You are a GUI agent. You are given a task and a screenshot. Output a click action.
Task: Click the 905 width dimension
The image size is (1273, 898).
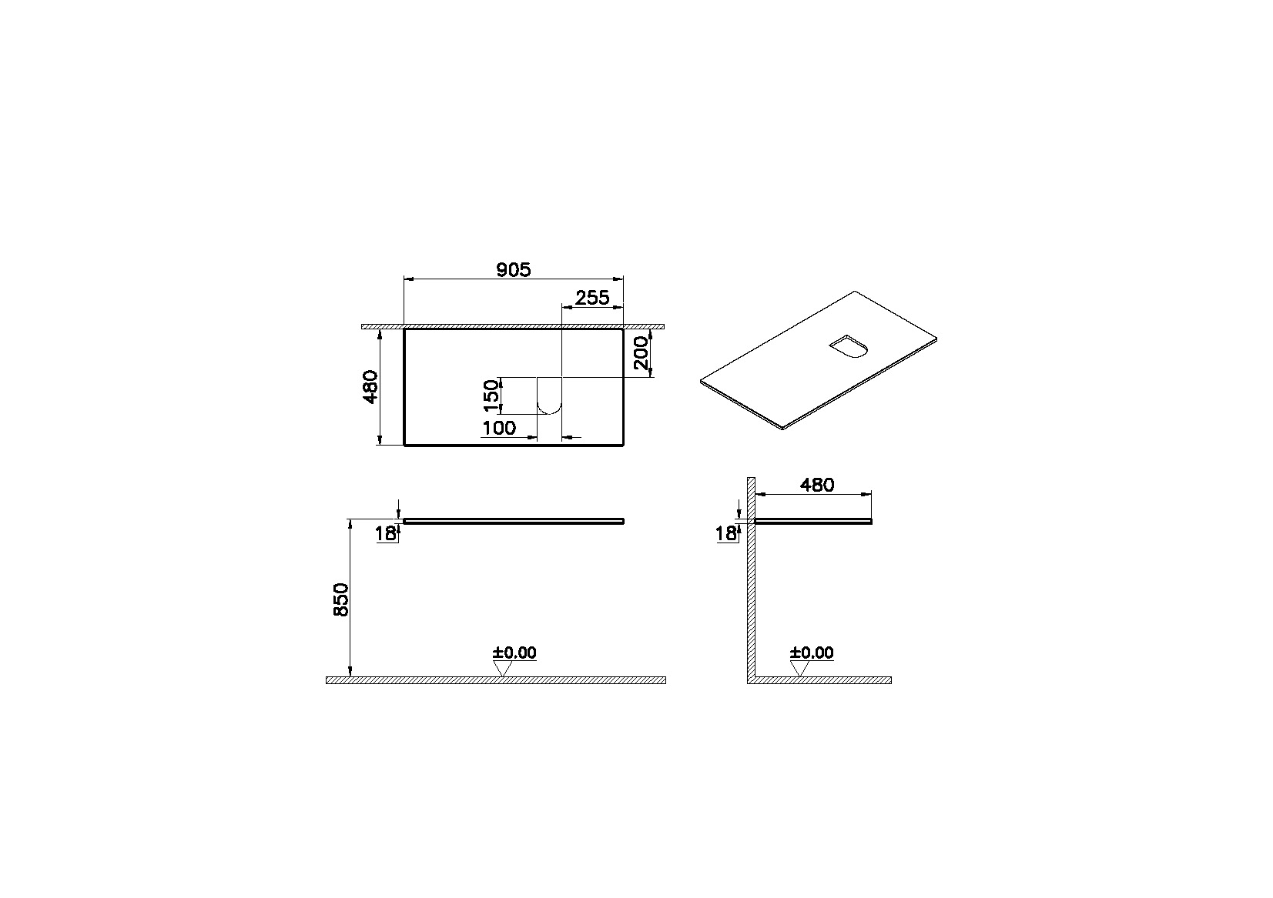[513, 269]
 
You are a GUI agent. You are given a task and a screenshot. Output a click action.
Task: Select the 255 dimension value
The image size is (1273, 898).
[592, 298]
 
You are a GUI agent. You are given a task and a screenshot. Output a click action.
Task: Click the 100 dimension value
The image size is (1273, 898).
[499, 429]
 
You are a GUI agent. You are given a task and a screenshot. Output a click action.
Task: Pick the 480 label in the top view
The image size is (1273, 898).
[370, 386]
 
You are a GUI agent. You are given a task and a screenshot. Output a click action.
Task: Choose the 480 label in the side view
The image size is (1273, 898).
[816, 485]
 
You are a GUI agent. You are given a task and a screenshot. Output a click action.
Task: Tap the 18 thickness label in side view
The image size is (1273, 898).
[725, 532]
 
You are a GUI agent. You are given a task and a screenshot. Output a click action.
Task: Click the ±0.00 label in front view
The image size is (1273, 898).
[514, 653]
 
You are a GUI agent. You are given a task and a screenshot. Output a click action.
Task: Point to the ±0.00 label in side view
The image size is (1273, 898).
[812, 653]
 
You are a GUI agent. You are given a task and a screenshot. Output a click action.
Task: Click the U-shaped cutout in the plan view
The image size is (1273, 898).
[549, 396]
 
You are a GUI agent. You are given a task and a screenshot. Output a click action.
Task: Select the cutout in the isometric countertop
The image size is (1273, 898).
[849, 348]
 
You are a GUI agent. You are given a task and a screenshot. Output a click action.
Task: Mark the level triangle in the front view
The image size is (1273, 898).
[503, 669]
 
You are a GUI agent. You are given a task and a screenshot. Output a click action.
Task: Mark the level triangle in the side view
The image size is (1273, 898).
[800, 669]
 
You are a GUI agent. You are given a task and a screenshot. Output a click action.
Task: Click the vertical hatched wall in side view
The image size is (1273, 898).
[750, 585]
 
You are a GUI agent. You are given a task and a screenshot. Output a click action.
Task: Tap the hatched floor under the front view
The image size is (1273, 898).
[495, 680]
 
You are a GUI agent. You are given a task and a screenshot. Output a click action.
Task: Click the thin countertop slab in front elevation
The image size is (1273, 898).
[513, 520]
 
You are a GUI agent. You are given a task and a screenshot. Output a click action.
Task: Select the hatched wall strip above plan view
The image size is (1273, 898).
[513, 326]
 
